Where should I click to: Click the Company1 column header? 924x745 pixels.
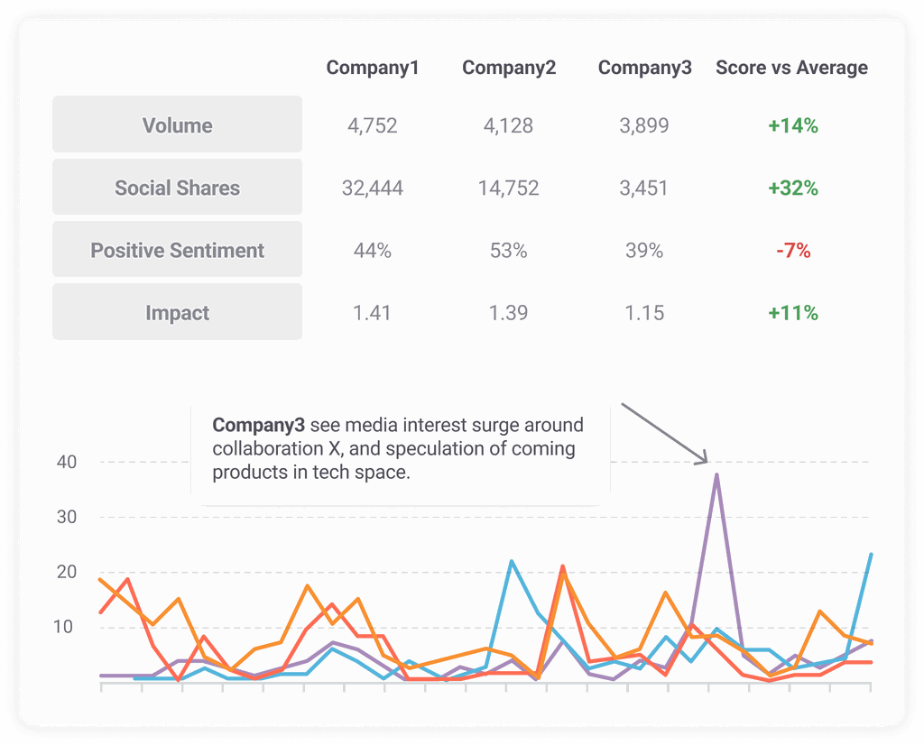point(373,68)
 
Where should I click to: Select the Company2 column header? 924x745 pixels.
point(509,68)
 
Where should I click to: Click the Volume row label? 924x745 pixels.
point(177,125)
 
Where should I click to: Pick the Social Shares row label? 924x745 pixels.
point(177,189)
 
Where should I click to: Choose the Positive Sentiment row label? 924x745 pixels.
point(177,251)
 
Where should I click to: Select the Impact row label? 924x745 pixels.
point(177,313)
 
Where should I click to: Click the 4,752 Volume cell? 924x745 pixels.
point(373,125)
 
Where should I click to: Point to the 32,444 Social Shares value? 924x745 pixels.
point(373,189)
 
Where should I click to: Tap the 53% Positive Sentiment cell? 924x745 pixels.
point(508,251)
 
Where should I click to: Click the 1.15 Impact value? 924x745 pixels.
point(644,313)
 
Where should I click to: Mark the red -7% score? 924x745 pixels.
point(793,251)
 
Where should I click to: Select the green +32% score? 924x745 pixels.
point(793,189)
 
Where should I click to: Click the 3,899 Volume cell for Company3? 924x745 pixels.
point(644,125)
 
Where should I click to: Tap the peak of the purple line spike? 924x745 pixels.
point(716,474)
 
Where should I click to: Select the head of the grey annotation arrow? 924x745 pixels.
point(707,463)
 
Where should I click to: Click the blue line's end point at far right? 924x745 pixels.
point(871,555)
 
